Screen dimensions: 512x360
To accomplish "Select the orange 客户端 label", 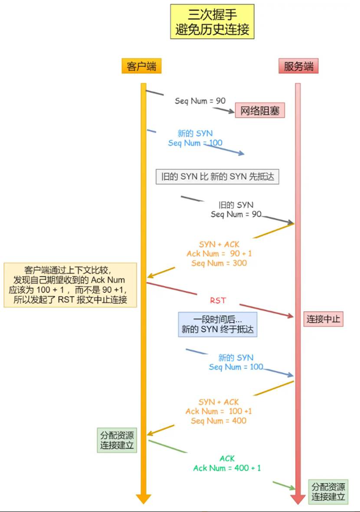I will click(x=142, y=67).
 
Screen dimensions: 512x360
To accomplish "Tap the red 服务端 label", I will click(x=298, y=67).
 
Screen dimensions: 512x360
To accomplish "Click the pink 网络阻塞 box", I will click(x=259, y=111).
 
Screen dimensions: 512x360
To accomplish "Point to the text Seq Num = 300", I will click(x=219, y=263).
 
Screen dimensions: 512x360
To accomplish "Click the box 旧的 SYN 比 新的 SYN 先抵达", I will click(x=217, y=177).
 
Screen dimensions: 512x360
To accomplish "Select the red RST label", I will click(x=218, y=300).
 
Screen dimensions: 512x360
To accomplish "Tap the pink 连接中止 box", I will click(x=323, y=319).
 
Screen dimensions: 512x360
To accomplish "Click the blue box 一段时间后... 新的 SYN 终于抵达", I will click(x=218, y=324).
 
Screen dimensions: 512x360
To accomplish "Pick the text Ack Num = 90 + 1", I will click(x=218, y=254).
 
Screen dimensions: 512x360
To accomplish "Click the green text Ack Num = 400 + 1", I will click(x=227, y=468).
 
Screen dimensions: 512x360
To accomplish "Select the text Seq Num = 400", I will click(x=218, y=420).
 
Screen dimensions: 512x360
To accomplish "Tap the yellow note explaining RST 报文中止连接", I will click(x=69, y=285).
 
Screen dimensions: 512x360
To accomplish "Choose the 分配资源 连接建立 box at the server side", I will click(x=327, y=492).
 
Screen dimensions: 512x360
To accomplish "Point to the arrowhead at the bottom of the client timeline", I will click(x=143, y=498).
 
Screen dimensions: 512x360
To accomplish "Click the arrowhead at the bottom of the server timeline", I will click(x=298, y=498).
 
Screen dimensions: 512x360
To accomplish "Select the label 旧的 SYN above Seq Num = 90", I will click(x=235, y=205).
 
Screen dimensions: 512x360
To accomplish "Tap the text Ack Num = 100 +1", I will click(x=218, y=411).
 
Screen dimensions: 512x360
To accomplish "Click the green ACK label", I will click(x=227, y=458).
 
